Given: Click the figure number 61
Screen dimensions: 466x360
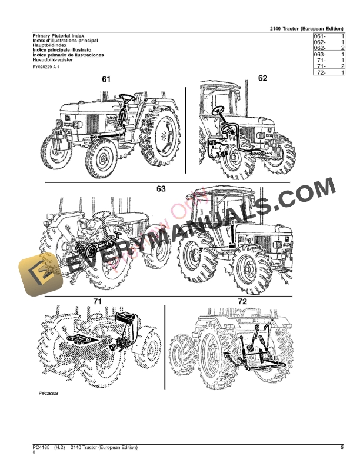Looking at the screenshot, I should (106, 79).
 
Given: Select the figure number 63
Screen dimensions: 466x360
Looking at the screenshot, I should (161, 189).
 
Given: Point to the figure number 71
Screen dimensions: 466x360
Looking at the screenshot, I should (98, 302).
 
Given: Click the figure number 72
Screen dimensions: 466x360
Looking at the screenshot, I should (242, 301).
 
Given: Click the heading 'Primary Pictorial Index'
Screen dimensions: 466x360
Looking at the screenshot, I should (58, 36).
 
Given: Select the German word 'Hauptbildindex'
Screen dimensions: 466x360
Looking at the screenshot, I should (49, 45).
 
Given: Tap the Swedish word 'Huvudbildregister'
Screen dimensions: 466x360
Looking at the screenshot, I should (54, 59).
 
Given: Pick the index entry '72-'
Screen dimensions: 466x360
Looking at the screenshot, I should (322, 72).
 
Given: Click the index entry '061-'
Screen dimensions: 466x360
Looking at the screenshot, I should (321, 36).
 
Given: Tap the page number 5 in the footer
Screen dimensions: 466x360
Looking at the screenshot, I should (342, 448).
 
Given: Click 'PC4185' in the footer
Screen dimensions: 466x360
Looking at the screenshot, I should (42, 448).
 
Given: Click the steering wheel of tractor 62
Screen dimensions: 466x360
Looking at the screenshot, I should (219, 110).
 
